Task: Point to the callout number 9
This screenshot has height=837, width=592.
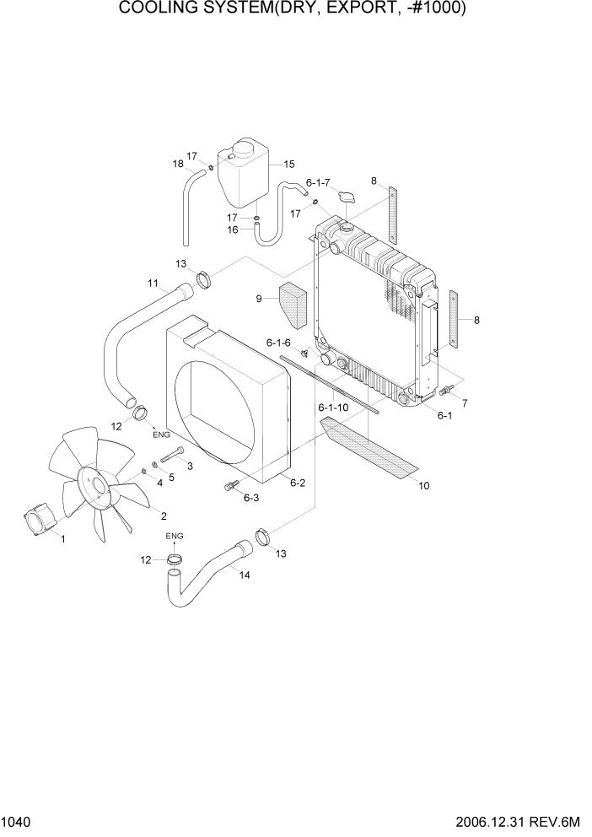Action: pyautogui.click(x=261, y=298)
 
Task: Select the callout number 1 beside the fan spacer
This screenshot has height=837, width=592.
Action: pyautogui.click(x=62, y=540)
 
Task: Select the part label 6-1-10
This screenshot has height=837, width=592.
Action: pyautogui.click(x=333, y=408)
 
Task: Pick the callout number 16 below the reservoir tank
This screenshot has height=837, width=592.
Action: pyautogui.click(x=233, y=229)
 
